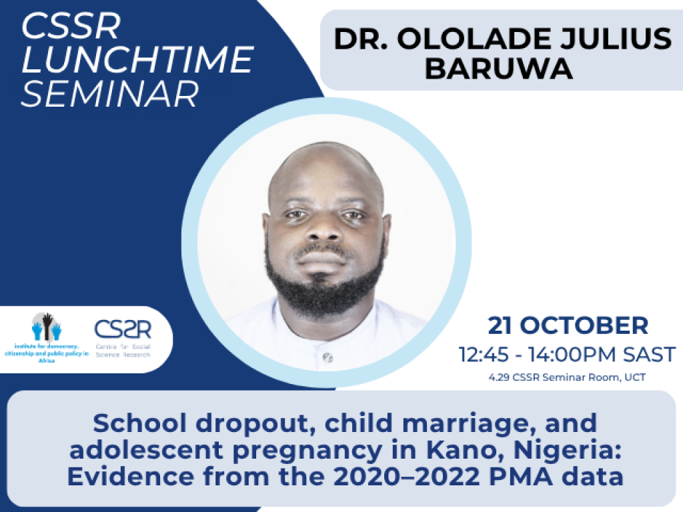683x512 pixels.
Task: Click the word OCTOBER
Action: coord(586,326)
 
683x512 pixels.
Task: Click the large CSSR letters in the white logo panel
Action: coord(123,329)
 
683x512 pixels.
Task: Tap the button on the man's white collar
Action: coord(326,358)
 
